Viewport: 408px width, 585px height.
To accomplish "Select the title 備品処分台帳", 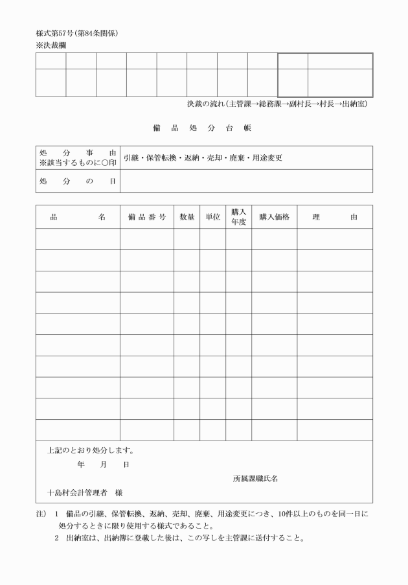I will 204,128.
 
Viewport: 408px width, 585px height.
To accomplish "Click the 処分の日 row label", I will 77,181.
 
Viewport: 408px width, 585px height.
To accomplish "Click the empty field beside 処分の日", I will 246,181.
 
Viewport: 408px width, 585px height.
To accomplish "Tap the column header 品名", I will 77,217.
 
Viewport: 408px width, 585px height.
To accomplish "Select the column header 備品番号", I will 146,217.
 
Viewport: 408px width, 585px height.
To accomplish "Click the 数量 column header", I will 187,217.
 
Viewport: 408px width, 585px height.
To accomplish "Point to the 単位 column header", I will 212,217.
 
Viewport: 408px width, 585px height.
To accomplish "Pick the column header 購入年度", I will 238,216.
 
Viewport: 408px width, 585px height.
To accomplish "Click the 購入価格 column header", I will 274,217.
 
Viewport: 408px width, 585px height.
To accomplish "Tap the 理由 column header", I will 334,217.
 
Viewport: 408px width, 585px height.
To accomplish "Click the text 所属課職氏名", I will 255,479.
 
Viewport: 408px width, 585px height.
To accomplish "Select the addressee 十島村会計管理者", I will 76,493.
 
